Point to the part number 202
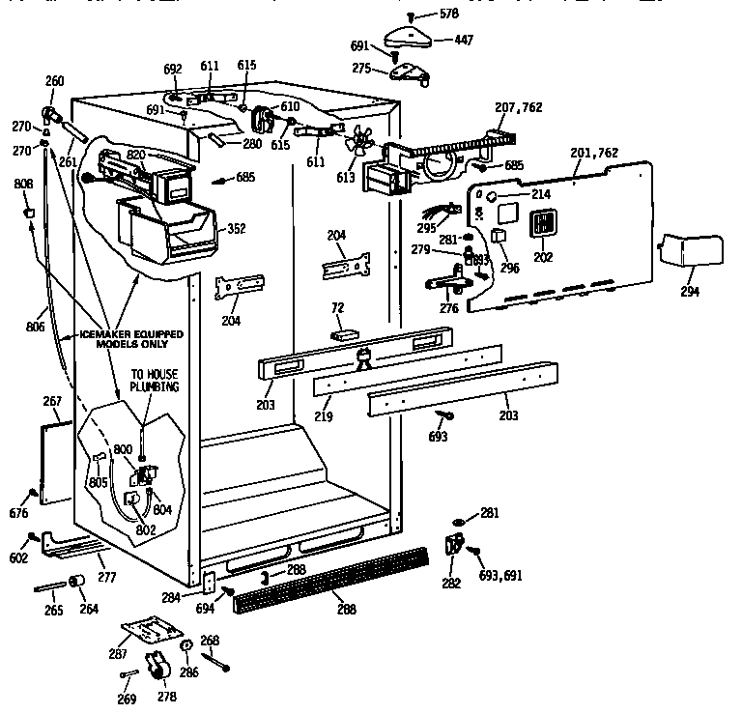pos(543,258)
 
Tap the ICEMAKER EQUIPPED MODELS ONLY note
pos(120,338)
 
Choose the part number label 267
pos(52,401)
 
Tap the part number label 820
pos(135,155)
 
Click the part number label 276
pos(449,309)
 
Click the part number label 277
pos(106,577)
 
